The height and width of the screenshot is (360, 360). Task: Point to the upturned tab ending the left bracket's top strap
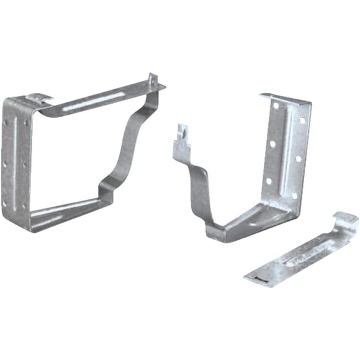pos(153,81)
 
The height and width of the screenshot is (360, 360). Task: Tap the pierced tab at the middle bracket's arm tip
pos(182,133)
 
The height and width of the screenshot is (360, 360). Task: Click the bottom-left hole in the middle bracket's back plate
pos(269,182)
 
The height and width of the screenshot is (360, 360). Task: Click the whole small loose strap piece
pos(301,251)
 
